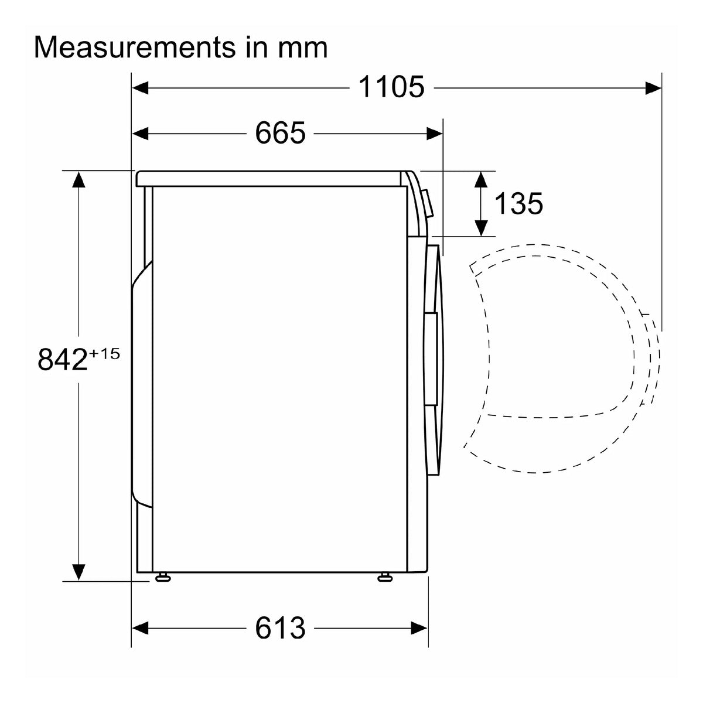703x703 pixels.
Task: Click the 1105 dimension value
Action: tap(391, 87)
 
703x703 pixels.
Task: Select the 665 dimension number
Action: tap(280, 133)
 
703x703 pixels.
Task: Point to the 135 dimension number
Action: tap(518, 203)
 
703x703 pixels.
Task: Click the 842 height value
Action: tap(63, 359)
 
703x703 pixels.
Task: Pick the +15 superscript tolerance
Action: tap(104, 353)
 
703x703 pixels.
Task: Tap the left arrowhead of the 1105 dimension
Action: tap(140, 88)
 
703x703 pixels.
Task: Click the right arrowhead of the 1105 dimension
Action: tap(653, 88)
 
